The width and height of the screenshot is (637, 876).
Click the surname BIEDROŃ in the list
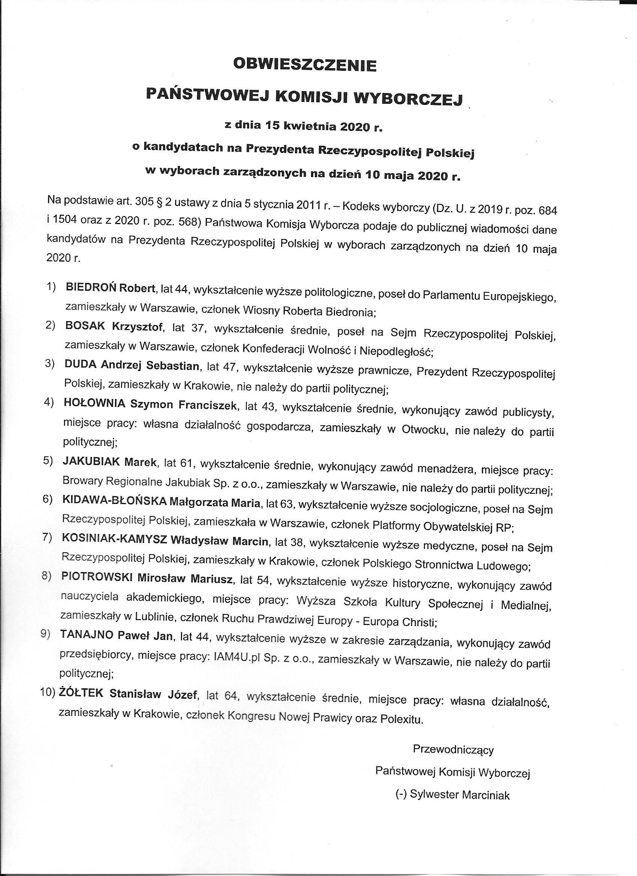(91, 287)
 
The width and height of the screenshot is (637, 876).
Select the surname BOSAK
(85, 326)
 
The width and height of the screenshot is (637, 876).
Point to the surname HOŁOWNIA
(94, 404)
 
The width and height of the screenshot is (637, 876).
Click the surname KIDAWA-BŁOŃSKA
(114, 501)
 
